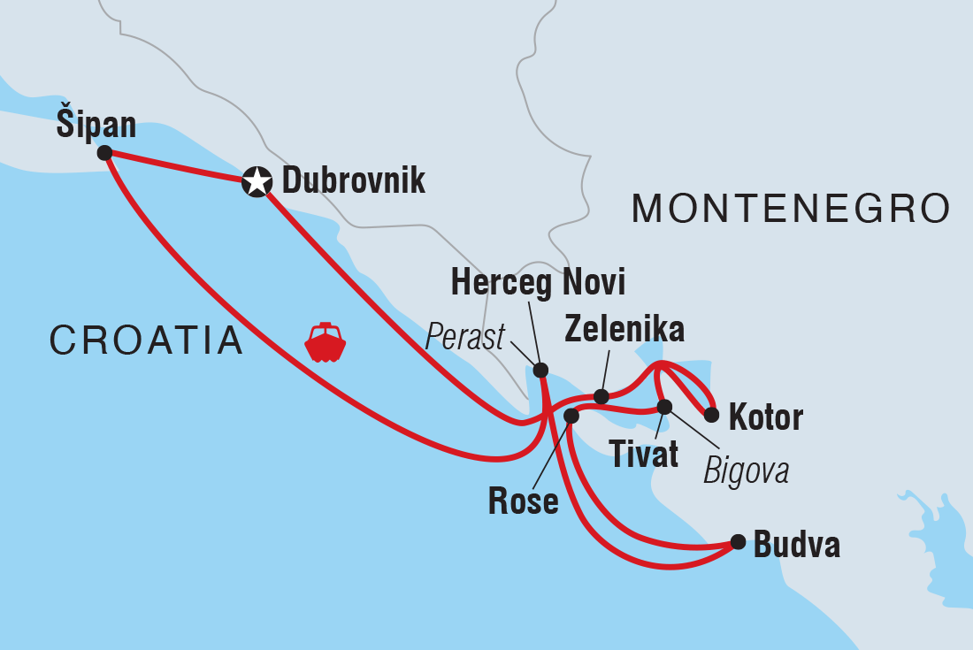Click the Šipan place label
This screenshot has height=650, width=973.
click(96, 125)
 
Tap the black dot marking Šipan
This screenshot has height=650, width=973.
click(104, 153)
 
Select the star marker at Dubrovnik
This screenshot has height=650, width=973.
click(256, 183)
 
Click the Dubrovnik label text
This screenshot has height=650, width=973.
click(353, 181)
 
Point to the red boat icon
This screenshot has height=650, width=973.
click(325, 342)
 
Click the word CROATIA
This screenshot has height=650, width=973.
click(146, 340)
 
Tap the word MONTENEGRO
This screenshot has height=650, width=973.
click(791, 210)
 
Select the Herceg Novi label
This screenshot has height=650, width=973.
click(538, 283)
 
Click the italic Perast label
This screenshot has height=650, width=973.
click(465, 336)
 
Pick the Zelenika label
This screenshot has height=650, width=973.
click(624, 330)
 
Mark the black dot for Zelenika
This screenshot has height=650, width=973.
click(601, 396)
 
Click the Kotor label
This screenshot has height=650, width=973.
click(765, 417)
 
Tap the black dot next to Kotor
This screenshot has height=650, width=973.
click(710, 413)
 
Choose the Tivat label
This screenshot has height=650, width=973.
click(644, 455)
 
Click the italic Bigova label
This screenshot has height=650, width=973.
click(746, 471)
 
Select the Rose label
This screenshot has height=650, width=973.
click(523, 501)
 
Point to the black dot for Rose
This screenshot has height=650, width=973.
click(571, 415)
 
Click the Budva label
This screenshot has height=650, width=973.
click(796, 546)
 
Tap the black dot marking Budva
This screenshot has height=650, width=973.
click(738, 541)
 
